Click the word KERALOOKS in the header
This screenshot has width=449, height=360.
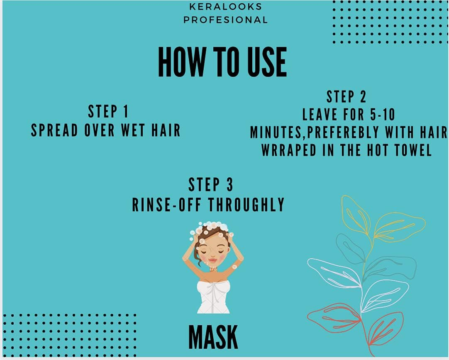coord(225,7)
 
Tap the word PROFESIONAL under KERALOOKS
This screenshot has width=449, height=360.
coord(225,20)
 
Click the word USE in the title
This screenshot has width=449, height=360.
coord(264,62)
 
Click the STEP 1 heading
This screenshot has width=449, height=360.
coord(108,112)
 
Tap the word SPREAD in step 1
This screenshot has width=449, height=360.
coord(54,130)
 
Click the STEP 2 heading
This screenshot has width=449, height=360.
coord(346,97)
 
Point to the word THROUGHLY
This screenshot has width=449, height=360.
coord(246,205)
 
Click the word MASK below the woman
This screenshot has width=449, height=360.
coord(213,337)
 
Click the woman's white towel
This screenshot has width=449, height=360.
coord(213,296)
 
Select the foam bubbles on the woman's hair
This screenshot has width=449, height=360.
coord(210,227)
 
